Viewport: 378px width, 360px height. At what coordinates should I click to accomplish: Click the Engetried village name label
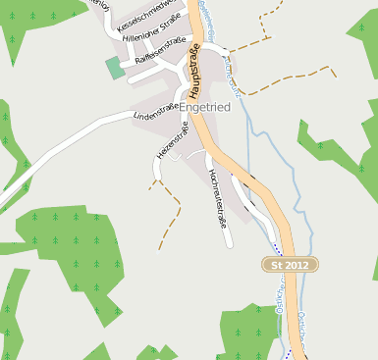pos(205,107)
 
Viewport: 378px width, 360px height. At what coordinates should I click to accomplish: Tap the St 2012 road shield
pos(292,265)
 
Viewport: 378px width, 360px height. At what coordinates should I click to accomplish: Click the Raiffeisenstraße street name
pos(159,51)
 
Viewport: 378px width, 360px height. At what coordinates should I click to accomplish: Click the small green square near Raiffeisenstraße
pos(116,68)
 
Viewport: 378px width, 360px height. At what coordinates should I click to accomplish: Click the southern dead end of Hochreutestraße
pos(229,242)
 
